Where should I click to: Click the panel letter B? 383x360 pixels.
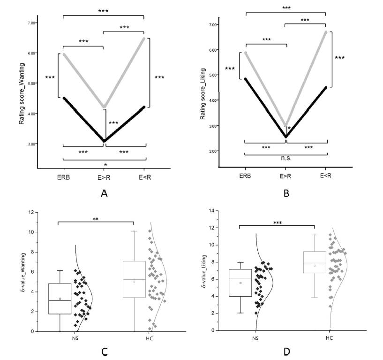tap(285, 192)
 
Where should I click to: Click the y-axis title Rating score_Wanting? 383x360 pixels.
tap(22, 94)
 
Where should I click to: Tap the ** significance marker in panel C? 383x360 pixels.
tap(96, 218)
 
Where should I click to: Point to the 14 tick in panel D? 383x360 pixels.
tap(214, 211)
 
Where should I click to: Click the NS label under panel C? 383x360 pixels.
tap(69, 338)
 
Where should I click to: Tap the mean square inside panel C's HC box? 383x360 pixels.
tap(135, 282)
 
